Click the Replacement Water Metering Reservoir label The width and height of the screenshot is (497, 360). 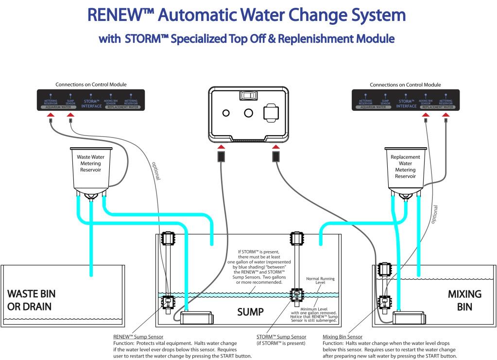405,167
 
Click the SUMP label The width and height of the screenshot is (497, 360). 251,311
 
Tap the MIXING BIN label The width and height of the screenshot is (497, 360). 464,300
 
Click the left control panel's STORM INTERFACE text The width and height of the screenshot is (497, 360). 91,103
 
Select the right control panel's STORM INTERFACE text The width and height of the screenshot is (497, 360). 406,103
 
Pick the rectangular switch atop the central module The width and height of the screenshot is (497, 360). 248,95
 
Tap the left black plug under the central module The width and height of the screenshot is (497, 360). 222,156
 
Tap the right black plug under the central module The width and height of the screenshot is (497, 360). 276,156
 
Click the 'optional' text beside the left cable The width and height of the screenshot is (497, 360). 156,171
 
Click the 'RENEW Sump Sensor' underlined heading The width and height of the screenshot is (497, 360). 138,336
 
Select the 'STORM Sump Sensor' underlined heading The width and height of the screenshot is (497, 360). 281,336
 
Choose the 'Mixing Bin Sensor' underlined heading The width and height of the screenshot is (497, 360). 343,336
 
